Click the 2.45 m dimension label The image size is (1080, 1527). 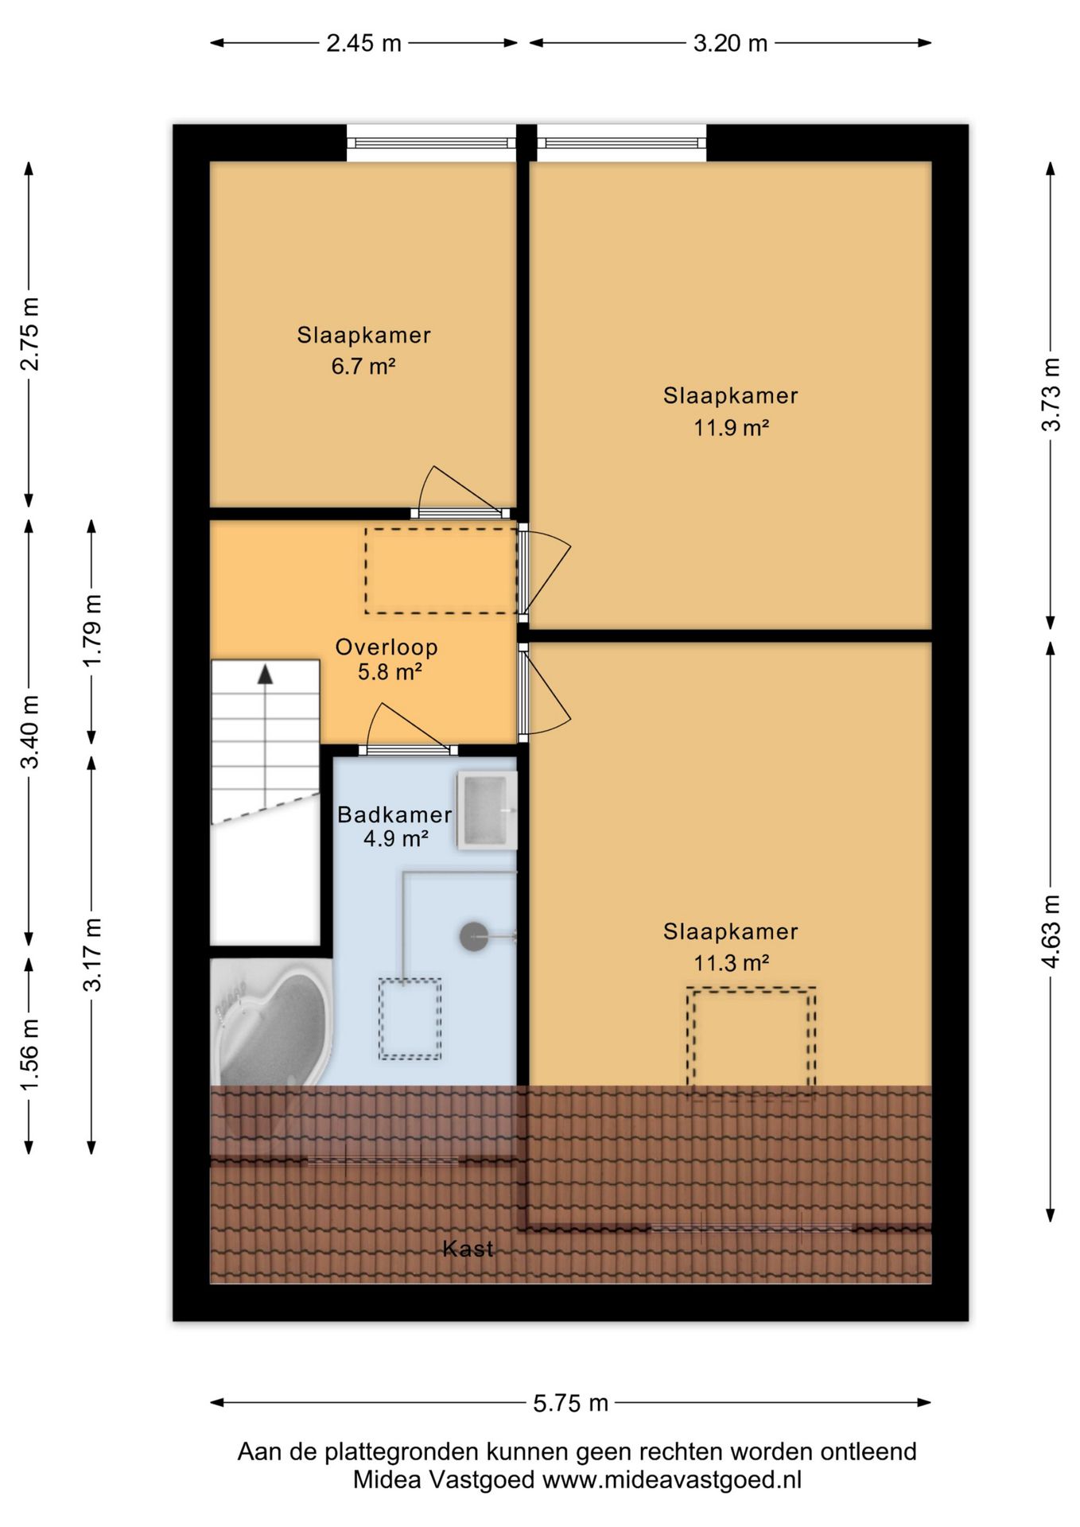coord(363,43)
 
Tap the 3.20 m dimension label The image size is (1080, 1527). coord(730,43)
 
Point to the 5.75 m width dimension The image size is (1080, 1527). coord(570,1403)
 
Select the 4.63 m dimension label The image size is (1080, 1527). coord(1051,931)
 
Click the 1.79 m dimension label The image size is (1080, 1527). coord(92,631)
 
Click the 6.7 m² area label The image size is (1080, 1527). coord(363,367)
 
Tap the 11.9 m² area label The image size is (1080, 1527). coord(731,428)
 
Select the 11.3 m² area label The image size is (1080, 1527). coord(731,963)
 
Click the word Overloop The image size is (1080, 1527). coord(387,647)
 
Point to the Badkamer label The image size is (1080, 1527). coord(394,814)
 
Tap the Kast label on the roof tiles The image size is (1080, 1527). coord(468,1249)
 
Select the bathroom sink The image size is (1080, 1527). coord(487,810)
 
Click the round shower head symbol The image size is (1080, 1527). coord(475,936)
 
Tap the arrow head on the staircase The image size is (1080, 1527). coord(265,674)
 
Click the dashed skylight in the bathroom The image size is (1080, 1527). coord(410,1019)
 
